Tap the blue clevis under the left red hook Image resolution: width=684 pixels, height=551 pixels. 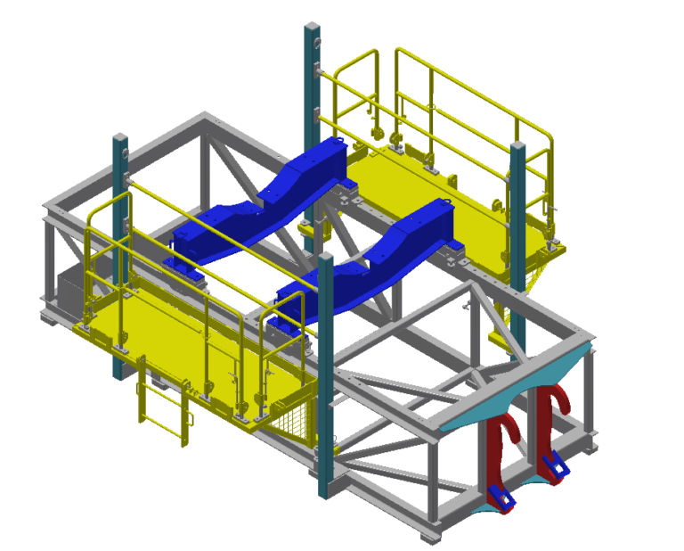pyautogui.click(x=499, y=497)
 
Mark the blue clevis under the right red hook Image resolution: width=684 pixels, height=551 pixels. pyautogui.click(x=553, y=464)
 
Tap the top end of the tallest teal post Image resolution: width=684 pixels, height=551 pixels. pyautogui.click(x=312, y=28)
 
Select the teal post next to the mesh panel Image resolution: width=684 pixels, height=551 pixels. pyautogui.click(x=325, y=374)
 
